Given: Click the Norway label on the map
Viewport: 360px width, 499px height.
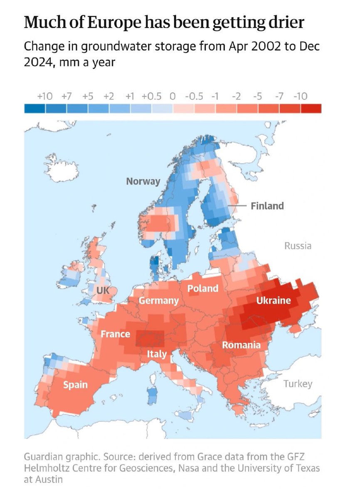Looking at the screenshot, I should click(x=143, y=181).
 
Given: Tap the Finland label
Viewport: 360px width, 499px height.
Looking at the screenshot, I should click(x=267, y=205).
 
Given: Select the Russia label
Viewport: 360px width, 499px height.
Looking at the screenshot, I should click(x=298, y=246).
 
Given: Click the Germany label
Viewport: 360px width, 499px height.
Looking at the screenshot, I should click(x=158, y=301).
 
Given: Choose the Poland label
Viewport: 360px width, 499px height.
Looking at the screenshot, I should click(x=202, y=288).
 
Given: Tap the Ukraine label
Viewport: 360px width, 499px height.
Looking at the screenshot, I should click(x=273, y=300).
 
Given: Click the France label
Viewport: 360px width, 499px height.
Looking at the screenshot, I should click(x=115, y=334).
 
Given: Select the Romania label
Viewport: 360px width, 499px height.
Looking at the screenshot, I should click(x=241, y=345).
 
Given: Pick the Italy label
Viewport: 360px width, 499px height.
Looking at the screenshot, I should click(x=156, y=355).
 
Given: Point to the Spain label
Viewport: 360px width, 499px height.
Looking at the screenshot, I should click(x=75, y=385).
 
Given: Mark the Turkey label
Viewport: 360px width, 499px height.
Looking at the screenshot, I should click(x=298, y=384).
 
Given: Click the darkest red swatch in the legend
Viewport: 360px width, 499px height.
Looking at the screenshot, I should click(x=311, y=108).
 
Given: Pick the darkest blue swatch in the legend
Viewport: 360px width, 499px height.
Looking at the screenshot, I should click(x=35, y=108).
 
